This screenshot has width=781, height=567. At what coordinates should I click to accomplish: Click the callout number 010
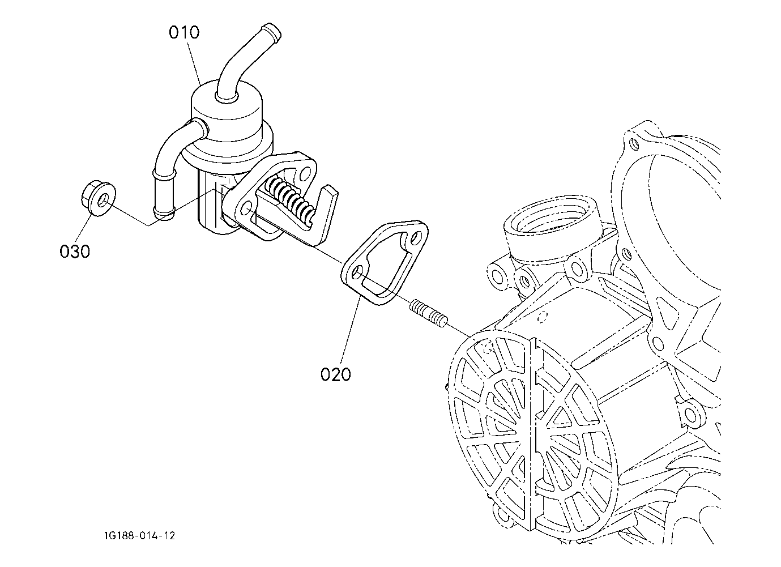[184, 32]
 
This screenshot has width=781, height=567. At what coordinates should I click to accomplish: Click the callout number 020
[335, 374]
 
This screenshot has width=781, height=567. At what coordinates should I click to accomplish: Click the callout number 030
[75, 251]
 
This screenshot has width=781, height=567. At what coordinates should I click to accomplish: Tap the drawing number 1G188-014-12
[139, 536]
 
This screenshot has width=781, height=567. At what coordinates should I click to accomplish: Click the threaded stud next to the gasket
[428, 313]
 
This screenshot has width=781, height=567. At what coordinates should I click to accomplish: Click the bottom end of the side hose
[164, 213]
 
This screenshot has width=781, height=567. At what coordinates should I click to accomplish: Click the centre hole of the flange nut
[103, 201]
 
